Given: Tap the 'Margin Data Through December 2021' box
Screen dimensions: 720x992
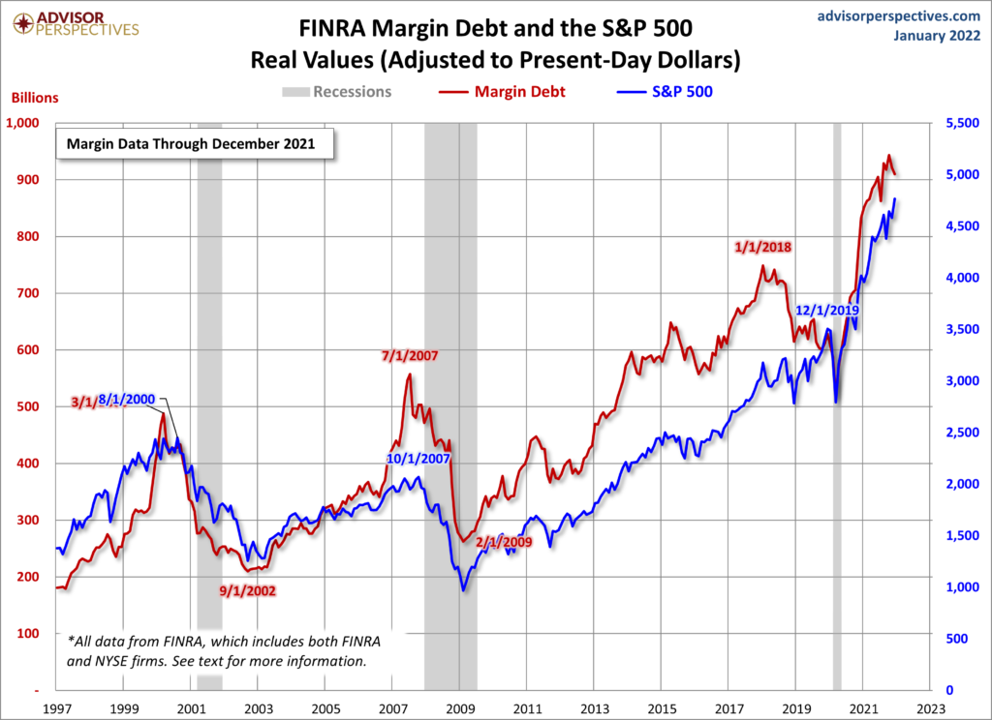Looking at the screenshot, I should click(x=192, y=145).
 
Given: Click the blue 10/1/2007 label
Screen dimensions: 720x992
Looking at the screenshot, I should click(x=418, y=458).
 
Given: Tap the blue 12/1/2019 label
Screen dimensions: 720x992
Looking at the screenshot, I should click(x=827, y=311).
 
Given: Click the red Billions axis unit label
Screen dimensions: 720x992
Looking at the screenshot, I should click(x=35, y=98).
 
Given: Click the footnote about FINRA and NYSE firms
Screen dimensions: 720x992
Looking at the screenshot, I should click(x=217, y=651).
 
